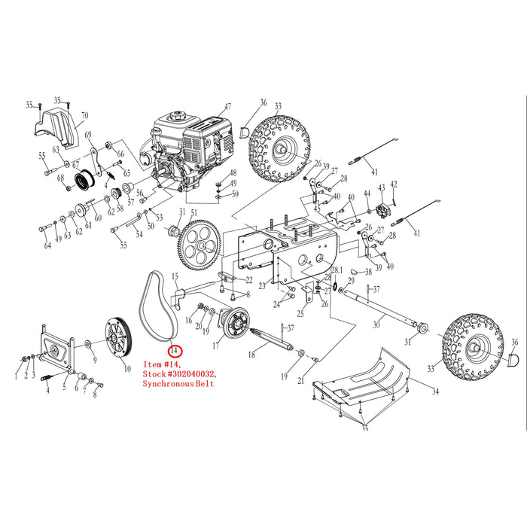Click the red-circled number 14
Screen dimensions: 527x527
point(175,352)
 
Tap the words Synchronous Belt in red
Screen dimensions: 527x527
point(178,383)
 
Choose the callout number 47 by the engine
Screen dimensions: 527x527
point(228,107)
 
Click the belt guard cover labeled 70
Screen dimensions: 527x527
point(56,128)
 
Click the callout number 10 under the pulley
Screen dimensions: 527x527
point(127,369)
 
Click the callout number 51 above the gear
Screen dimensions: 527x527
point(194,213)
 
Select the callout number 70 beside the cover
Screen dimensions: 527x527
point(84,116)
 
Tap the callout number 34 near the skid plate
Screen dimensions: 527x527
point(435,391)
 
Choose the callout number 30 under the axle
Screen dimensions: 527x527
point(376,324)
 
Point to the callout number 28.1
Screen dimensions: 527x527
point(337,270)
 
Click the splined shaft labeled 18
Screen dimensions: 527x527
point(272,339)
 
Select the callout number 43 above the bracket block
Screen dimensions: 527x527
point(382,188)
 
